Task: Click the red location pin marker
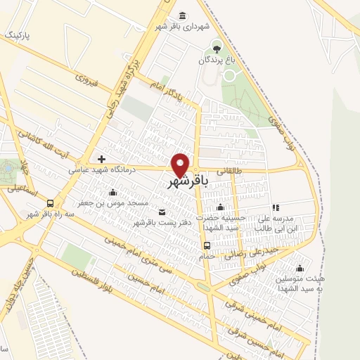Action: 181,165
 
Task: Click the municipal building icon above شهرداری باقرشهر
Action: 183,16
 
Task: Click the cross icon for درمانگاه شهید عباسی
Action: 102,160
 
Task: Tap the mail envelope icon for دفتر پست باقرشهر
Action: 163,212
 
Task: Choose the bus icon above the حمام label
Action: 207,245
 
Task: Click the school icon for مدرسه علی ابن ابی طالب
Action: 276,208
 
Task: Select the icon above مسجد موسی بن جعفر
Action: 112,192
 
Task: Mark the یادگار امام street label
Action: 169,91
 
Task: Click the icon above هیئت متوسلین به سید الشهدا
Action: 300,267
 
